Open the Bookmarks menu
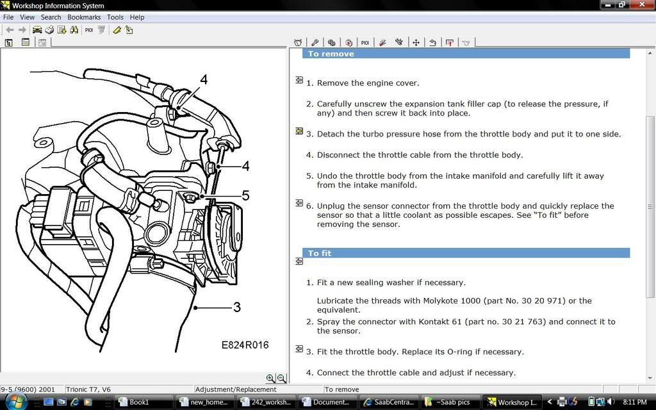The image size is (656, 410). point(83,17)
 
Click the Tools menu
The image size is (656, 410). point(115,17)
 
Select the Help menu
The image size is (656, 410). point(137,17)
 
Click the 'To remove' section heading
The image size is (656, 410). point(331,54)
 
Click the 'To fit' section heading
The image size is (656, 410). point(320,253)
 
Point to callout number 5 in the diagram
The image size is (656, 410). point(245,195)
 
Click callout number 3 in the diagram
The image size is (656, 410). point(236,307)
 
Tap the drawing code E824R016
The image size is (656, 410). point(245,345)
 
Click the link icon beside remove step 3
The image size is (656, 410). point(299,131)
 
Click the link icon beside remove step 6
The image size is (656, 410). point(299,203)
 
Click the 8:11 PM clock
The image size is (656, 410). point(634,402)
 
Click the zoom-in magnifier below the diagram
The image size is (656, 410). point(270,379)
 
